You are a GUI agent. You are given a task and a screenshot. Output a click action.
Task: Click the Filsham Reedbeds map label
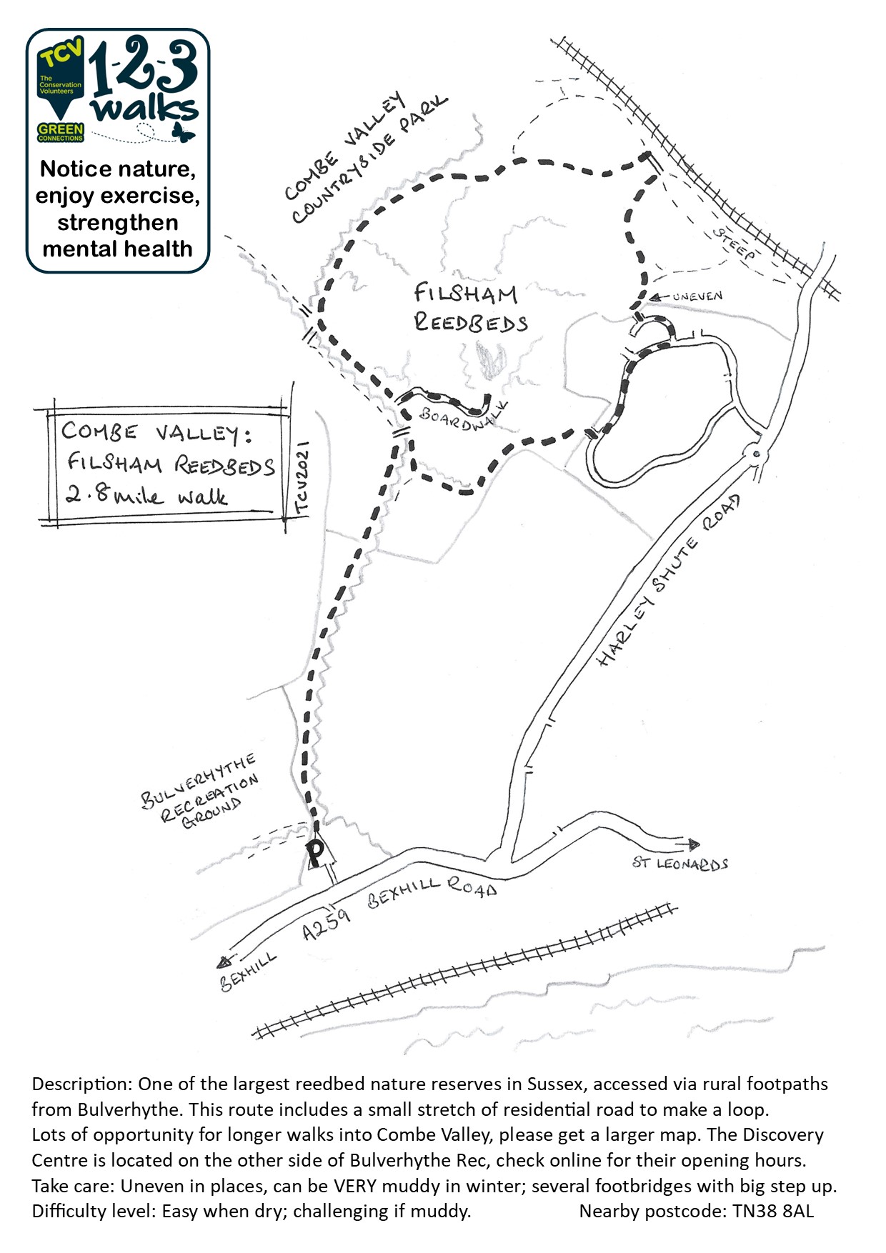click(x=471, y=308)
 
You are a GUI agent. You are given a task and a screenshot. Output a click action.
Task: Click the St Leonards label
click(x=680, y=864)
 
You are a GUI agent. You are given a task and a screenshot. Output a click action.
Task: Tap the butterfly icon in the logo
click(x=183, y=131)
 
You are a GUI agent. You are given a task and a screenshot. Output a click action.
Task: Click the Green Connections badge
click(x=61, y=132)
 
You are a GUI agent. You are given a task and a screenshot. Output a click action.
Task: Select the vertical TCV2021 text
click(x=302, y=477)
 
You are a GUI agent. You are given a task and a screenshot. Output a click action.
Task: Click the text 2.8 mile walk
click(x=146, y=495)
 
